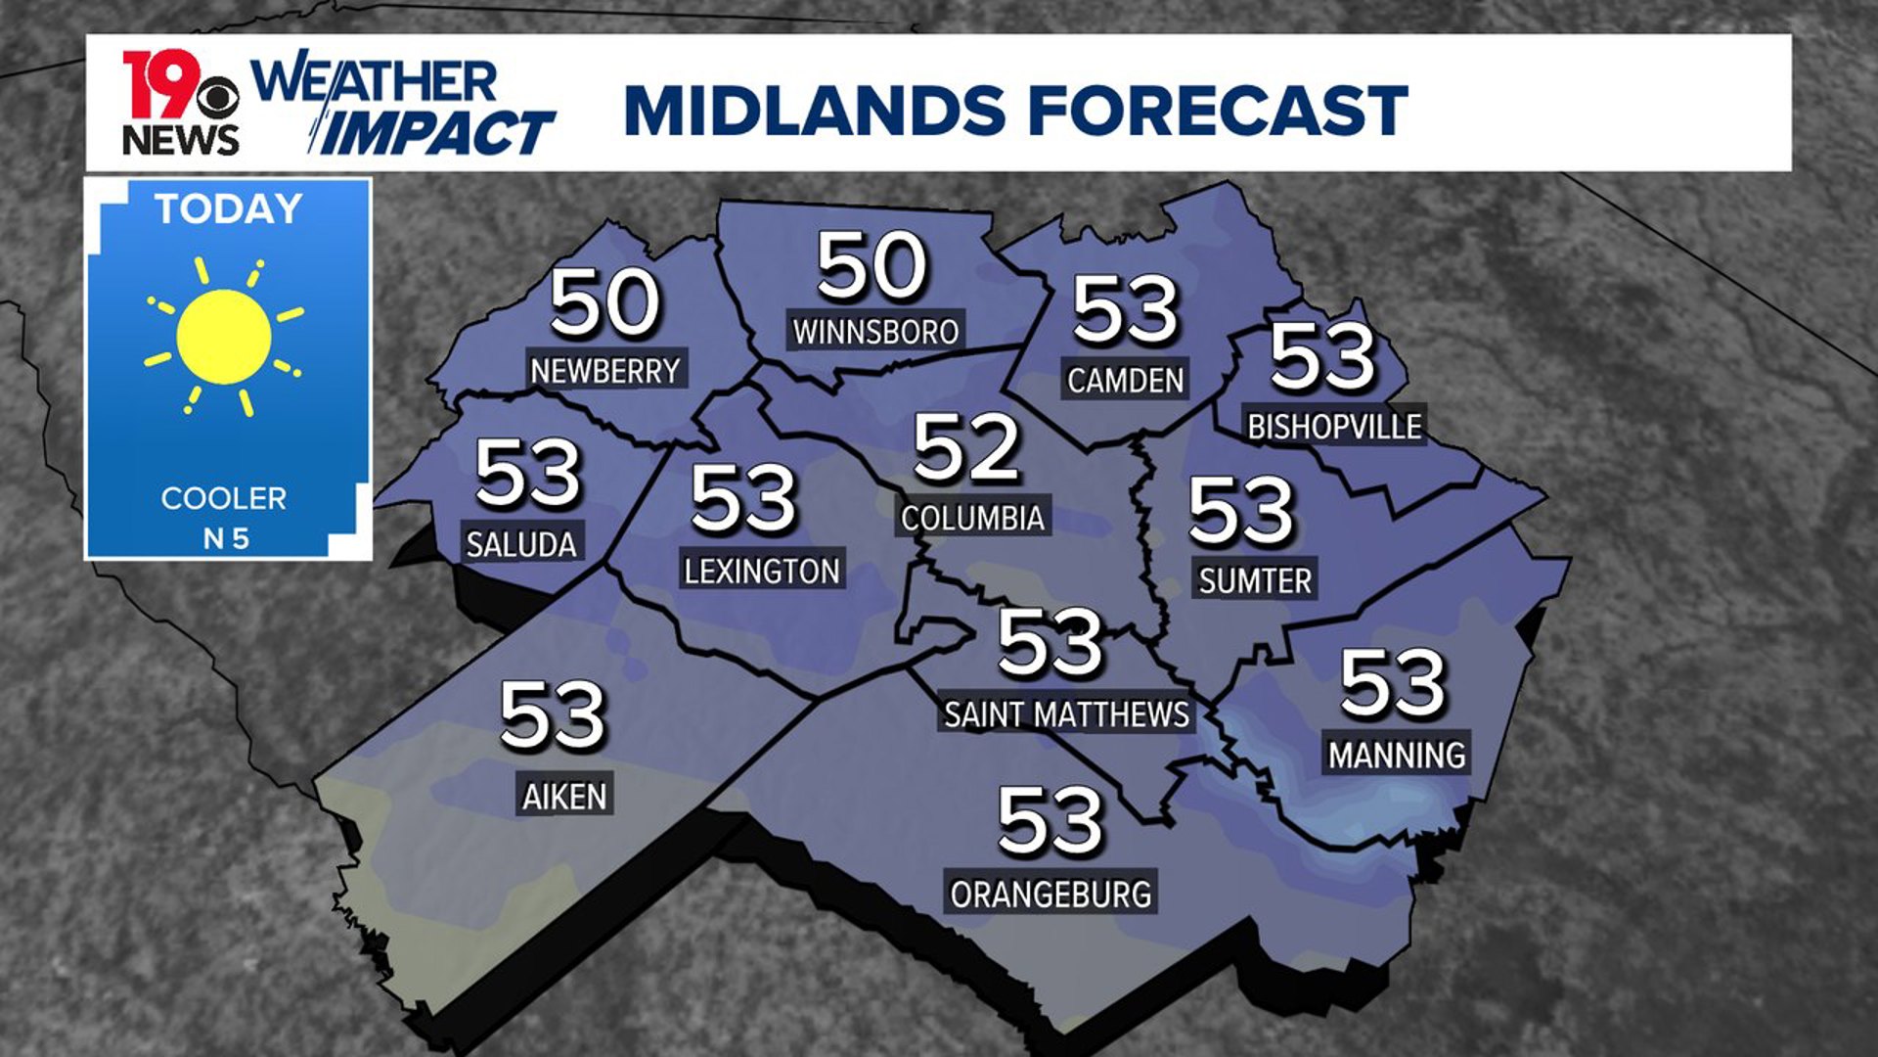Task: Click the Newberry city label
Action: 604,371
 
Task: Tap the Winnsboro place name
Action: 875,332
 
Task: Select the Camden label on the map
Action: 1125,380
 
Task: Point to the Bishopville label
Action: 1334,426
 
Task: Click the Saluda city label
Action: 521,543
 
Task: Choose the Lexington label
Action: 762,571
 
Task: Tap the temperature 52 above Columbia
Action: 966,448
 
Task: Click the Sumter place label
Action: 1255,580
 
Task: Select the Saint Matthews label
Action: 1066,714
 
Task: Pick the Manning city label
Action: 1397,755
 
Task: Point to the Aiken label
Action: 564,796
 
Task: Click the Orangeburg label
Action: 1051,894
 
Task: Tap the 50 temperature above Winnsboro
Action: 872,265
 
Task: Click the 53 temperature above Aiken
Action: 553,715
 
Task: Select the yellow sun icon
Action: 224,337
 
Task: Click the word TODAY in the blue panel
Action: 229,209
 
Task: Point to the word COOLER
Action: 224,498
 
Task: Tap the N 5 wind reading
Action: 226,538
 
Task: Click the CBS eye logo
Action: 217,99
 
